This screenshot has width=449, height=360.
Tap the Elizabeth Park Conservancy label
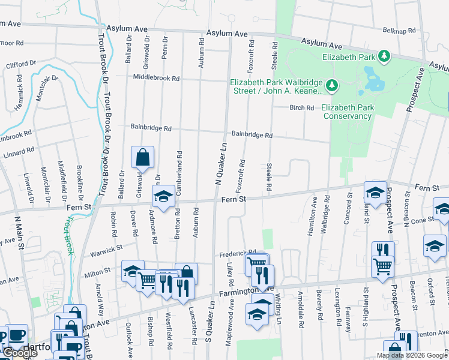tap(346, 112)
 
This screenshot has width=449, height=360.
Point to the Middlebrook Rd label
tap(156, 78)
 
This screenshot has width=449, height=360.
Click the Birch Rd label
tap(302, 108)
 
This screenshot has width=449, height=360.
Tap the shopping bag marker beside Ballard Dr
tap(143, 158)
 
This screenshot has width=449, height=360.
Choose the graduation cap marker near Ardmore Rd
tap(163, 196)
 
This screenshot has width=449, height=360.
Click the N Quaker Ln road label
tap(220, 162)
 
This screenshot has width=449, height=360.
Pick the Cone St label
tap(423, 220)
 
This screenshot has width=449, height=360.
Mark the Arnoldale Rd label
tap(301, 305)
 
